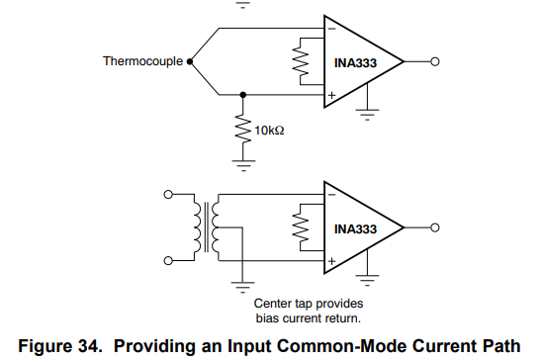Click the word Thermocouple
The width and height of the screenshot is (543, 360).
tap(142, 61)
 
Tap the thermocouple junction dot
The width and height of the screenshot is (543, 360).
tap(190, 61)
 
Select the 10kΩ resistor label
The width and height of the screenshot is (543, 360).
tap(269, 131)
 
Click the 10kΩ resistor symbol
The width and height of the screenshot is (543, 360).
tap(243, 130)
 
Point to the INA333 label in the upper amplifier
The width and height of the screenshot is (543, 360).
tap(355, 63)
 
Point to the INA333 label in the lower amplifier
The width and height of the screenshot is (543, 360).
tap(355, 229)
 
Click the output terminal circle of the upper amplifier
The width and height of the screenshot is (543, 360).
tap(435, 61)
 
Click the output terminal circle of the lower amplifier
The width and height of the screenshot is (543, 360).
tap(435, 227)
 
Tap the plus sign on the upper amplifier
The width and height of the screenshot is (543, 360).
tap(331, 95)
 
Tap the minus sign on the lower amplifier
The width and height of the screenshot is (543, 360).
tap(331, 195)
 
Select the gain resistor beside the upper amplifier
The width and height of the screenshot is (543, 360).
tap(301, 61)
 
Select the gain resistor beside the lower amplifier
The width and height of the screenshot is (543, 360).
tap(301, 227)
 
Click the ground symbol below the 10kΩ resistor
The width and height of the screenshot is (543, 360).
tap(243, 165)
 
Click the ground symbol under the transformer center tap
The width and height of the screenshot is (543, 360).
tap(242, 287)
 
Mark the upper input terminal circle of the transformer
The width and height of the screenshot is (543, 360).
tap(168, 195)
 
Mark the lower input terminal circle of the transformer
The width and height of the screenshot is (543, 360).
tap(168, 261)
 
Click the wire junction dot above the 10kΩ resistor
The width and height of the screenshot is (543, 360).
tap(243, 95)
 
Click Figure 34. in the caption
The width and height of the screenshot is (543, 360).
tap(60, 346)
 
